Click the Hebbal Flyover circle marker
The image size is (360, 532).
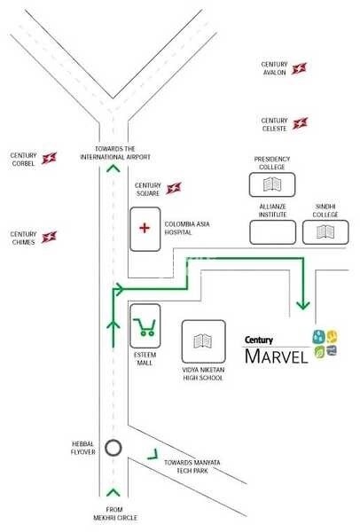[x=113, y=448]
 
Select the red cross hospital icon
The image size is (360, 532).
[x=145, y=227]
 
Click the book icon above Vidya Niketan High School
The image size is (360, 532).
[x=203, y=341]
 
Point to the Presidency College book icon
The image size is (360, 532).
[x=272, y=184]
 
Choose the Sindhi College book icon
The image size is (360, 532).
[x=325, y=232]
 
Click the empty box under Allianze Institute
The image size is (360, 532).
[x=272, y=232]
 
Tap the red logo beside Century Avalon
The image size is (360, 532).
[x=300, y=69]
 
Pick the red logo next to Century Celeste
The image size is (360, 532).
[x=301, y=123]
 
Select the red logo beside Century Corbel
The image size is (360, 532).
[x=50, y=158]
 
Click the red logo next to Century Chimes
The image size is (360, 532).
[x=50, y=238]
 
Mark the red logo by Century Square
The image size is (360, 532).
[x=174, y=188]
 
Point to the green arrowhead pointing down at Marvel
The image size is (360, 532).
[x=303, y=304]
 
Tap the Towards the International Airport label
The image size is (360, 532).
[x=113, y=153]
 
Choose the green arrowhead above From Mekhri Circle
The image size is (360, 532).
[x=113, y=491]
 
